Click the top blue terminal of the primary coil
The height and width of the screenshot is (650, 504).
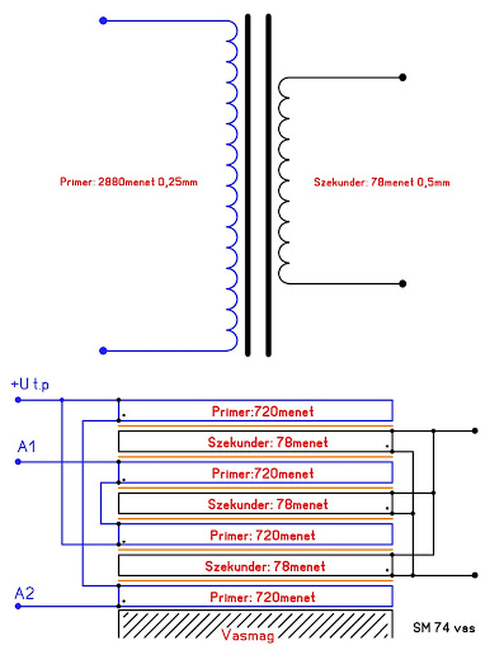pyautogui.click(x=103, y=21)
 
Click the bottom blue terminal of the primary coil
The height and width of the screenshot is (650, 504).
pyautogui.click(x=103, y=350)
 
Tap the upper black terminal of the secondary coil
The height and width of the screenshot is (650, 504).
pyautogui.click(x=402, y=77)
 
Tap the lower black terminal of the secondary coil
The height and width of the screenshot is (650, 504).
pyautogui.click(x=402, y=284)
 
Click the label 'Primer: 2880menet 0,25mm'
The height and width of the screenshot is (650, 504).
pyautogui.click(x=128, y=182)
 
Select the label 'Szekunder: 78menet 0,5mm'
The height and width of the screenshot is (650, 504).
pyautogui.click(x=381, y=182)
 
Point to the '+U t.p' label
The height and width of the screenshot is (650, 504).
pyautogui.click(x=30, y=384)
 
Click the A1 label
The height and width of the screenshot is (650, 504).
pyautogui.click(x=27, y=446)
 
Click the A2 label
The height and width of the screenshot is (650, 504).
pyautogui.click(x=25, y=594)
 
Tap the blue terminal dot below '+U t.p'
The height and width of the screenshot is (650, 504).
pyautogui.click(x=18, y=400)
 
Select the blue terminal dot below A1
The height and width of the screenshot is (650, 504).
pyautogui.click(x=18, y=461)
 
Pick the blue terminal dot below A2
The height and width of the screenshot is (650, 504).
pyautogui.click(x=18, y=606)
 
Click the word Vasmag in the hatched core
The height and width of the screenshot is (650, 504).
pyautogui.click(x=248, y=635)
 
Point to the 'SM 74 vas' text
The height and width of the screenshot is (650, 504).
pyautogui.click(x=444, y=628)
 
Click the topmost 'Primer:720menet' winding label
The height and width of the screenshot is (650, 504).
pyautogui.click(x=263, y=411)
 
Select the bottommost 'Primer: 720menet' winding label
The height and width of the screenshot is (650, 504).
pyautogui.click(x=263, y=597)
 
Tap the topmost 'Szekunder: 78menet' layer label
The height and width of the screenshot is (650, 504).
pyautogui.click(x=268, y=442)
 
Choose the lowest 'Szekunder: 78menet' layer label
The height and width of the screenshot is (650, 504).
pyautogui.click(x=265, y=566)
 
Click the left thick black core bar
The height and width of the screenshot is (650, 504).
pyautogui.click(x=248, y=185)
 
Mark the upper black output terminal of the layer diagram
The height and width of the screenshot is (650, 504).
pyautogui.click(x=475, y=431)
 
